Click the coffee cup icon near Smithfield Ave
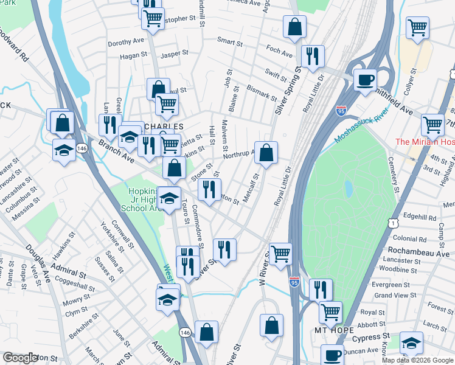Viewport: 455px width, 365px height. (x=365, y=80)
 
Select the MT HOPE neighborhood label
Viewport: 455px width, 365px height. (x=333, y=330)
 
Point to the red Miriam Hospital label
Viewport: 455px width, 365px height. (x=425, y=142)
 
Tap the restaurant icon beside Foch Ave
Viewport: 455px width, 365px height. (x=313, y=56)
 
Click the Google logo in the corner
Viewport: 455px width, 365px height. (x=20, y=358)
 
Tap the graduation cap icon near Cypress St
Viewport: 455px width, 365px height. (x=411, y=343)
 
